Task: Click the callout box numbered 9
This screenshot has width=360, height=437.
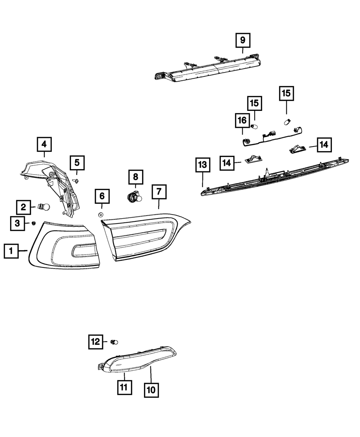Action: [x=243, y=40]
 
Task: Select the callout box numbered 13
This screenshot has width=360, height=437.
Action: [x=203, y=165]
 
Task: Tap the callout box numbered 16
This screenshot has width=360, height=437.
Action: [x=242, y=121]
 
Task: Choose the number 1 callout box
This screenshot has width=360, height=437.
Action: [x=11, y=251]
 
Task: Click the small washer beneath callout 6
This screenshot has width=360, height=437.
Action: [x=101, y=215]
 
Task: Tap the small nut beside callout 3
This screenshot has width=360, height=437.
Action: [x=33, y=223]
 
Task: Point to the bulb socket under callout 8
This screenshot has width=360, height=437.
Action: [x=135, y=197]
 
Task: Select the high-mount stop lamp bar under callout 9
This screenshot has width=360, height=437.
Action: [x=208, y=67]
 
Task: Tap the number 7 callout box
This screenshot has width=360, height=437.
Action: [x=159, y=192]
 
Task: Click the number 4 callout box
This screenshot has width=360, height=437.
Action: [x=44, y=144]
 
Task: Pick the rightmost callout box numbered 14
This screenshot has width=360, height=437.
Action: [x=324, y=145]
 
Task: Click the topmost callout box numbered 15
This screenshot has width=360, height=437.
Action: [x=286, y=93]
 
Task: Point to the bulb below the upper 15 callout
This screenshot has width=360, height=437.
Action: [x=288, y=122]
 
